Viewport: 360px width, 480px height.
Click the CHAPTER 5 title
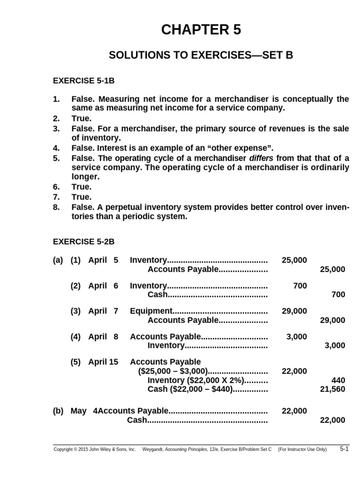pos(201,30)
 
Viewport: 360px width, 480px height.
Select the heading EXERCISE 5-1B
pos(83,81)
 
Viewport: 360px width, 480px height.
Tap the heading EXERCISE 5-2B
pos(83,242)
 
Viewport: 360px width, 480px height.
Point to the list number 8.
pos(56,207)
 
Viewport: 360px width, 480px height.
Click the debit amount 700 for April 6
pos(300,285)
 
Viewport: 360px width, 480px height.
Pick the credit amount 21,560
pos(332,390)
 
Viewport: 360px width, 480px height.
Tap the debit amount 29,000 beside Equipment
pos(294,311)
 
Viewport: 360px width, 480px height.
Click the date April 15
pos(103,362)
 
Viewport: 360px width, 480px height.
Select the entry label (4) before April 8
pos(76,336)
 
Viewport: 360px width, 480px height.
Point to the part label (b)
pos(58,411)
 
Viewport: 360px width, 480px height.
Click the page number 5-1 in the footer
pos(345,449)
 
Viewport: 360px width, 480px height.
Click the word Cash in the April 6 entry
pos(157,295)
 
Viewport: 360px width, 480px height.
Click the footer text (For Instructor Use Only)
pos(302,450)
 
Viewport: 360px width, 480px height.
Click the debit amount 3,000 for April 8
pos(297,336)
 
